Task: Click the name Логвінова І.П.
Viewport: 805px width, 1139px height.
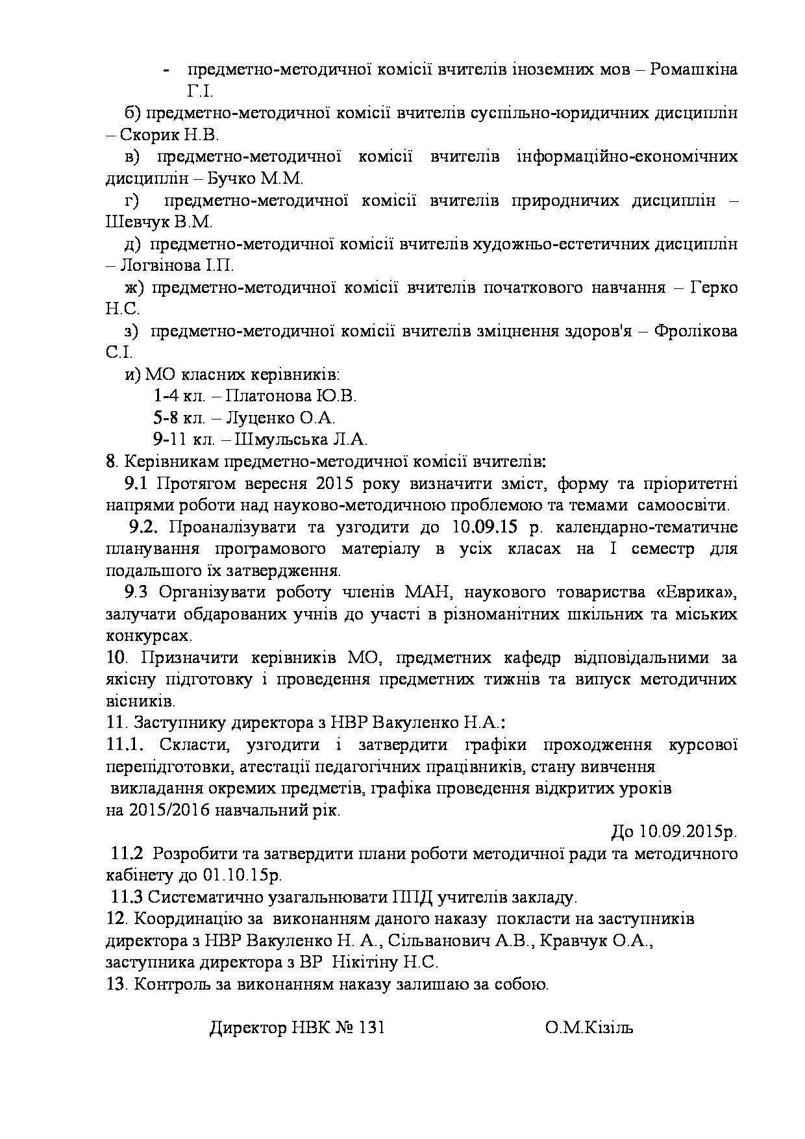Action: click(x=177, y=266)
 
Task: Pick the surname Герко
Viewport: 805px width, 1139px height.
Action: click(x=713, y=287)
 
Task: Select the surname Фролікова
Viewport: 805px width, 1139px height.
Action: click(x=695, y=331)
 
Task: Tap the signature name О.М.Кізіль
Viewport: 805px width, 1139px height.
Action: click(x=589, y=1028)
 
